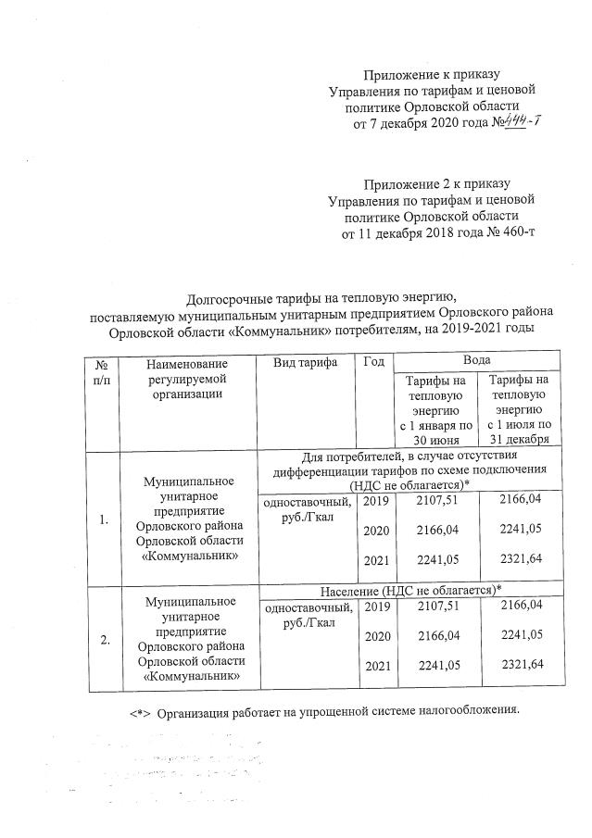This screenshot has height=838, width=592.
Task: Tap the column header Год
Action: point(374,364)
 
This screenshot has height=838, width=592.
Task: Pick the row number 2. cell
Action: point(105,639)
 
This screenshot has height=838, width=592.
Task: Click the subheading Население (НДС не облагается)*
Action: point(410,591)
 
